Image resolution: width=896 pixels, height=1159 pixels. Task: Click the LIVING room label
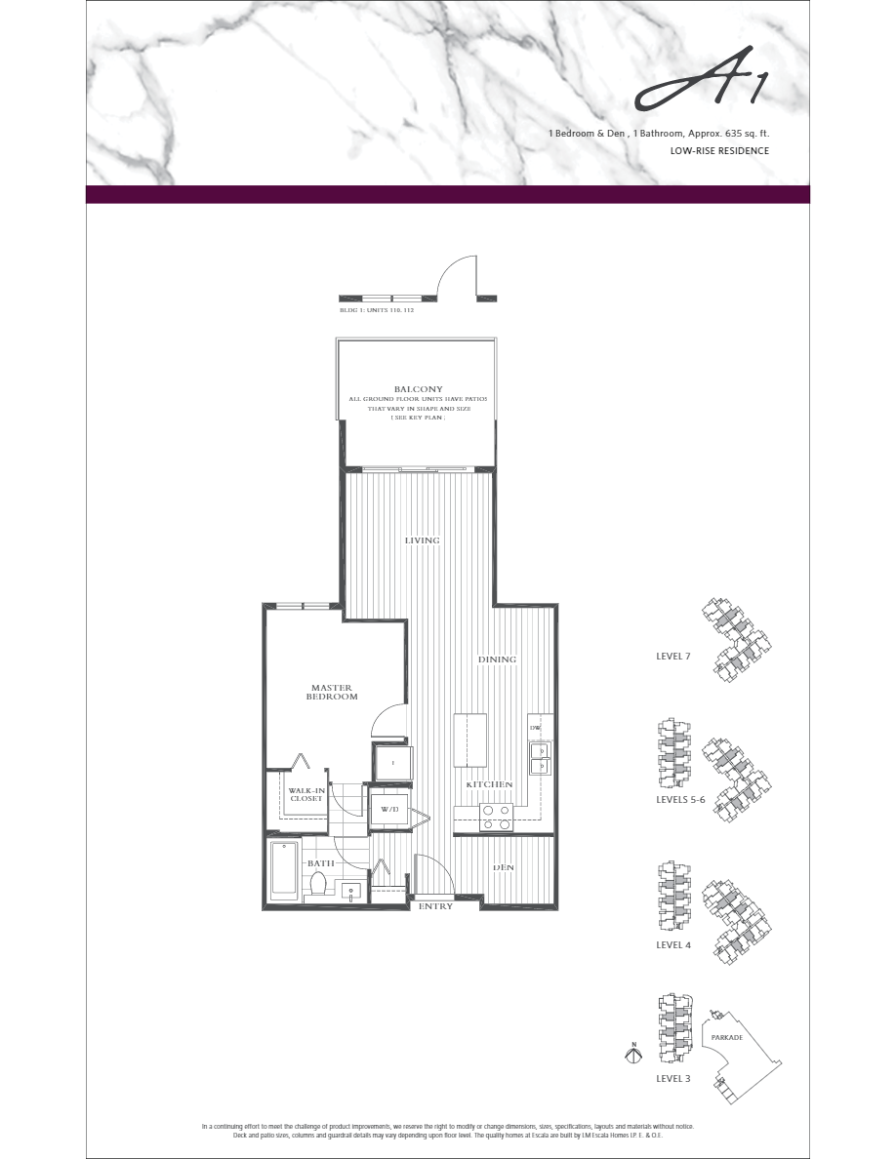pos(423,540)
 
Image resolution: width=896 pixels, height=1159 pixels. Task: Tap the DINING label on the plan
pos(497,659)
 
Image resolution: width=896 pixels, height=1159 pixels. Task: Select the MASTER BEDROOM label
pos(332,692)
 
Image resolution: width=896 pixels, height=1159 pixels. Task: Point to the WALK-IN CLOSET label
pos(305,793)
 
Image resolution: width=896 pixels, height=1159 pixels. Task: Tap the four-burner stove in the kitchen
pos(496,816)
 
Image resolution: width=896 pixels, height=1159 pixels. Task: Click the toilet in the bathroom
pos(317,883)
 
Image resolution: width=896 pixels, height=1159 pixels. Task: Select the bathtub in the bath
pos(285,867)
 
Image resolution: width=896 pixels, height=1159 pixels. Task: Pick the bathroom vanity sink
pos(349,889)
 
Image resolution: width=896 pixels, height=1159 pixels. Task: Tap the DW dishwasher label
pos(535,728)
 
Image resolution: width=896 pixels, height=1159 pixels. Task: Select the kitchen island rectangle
pos(470,739)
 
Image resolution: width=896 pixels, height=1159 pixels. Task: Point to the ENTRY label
pos(435,907)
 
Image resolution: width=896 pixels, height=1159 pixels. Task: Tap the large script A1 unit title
pos(700,90)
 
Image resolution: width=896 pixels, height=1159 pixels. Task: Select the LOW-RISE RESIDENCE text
pos(719,151)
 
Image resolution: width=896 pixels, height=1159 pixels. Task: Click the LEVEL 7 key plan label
pos(672,657)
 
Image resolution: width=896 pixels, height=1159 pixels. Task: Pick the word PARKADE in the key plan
pos(727,1037)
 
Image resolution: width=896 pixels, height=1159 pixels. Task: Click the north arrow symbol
pos(633,1054)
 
